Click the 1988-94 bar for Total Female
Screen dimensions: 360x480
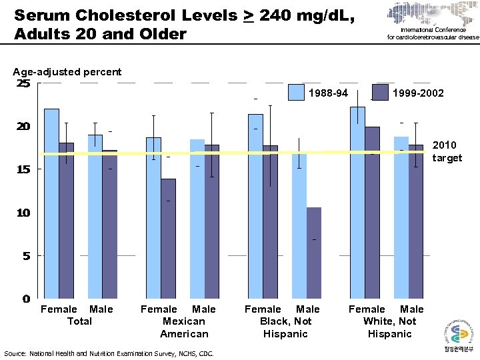51,203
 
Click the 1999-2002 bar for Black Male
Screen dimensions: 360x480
313,253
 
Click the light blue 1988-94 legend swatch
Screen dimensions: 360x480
296,93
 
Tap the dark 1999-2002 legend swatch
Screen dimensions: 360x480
380,93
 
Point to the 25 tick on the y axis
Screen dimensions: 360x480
24,83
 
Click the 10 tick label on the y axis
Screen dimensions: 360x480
24,213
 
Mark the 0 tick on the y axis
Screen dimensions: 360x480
26,299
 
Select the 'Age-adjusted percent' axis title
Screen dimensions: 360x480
67,71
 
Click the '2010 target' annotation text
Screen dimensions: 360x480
447,151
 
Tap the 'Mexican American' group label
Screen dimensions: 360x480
183,327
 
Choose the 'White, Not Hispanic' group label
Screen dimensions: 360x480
389,327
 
